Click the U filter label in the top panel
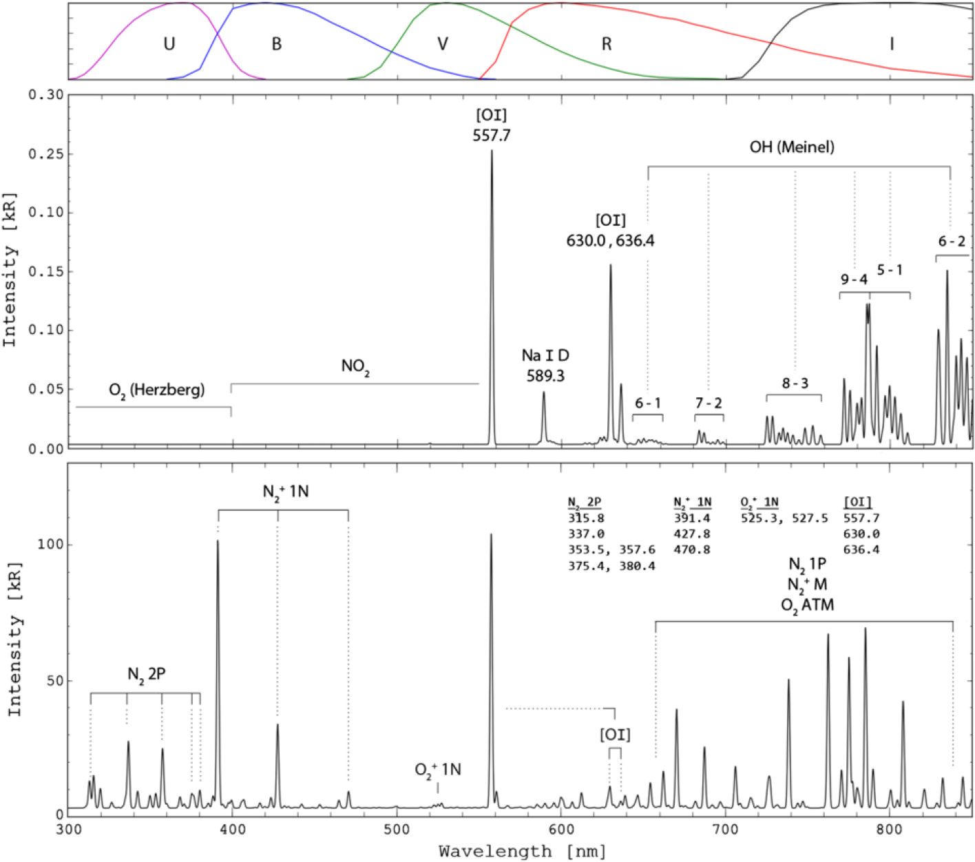(x=169, y=44)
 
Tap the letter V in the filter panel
(x=443, y=44)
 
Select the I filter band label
(x=892, y=44)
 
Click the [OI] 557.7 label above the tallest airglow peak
(x=491, y=125)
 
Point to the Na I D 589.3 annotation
(x=545, y=366)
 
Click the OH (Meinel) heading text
(x=792, y=147)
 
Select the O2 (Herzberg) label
(x=156, y=390)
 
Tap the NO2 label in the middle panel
(x=355, y=366)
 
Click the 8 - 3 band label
(x=795, y=383)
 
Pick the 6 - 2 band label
(x=952, y=242)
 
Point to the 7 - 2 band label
(x=709, y=403)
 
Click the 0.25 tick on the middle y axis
(x=46, y=154)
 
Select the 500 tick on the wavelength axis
(x=397, y=831)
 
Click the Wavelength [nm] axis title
(x=523, y=852)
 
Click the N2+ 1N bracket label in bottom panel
(x=286, y=492)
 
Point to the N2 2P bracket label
(x=146, y=674)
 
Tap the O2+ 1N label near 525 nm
(x=438, y=770)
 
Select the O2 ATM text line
(x=807, y=605)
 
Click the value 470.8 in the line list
(x=692, y=550)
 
